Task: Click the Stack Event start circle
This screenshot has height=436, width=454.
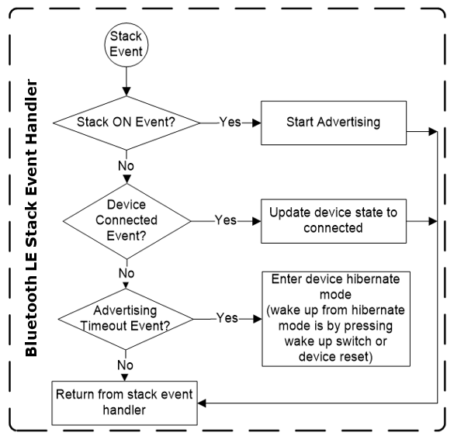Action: (126, 45)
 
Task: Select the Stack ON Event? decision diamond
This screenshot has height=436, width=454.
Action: (126, 123)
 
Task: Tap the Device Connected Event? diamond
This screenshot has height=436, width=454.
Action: (126, 221)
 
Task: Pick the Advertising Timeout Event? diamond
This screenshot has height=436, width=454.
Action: (126, 319)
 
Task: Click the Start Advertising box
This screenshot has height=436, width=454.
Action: (334, 123)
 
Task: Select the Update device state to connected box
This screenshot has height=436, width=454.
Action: (334, 221)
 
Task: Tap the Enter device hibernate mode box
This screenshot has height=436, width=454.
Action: (336, 319)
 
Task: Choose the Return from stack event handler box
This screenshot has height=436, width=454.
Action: (124, 403)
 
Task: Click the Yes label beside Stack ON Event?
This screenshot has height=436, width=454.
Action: (230, 122)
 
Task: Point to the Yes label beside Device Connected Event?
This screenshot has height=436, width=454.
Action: (226, 220)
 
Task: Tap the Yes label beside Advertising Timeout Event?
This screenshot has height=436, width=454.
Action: (227, 318)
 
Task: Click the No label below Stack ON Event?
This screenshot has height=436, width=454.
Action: (126, 166)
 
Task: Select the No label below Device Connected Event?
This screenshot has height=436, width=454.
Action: (126, 273)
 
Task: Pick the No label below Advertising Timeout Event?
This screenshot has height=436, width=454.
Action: (126, 365)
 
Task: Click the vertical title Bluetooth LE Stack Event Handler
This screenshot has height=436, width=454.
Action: (31, 218)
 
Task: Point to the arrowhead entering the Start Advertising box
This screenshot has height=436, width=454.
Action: (257, 123)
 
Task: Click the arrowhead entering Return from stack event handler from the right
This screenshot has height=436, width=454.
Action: (202, 403)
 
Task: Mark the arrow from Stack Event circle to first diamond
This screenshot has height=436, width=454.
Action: (126, 81)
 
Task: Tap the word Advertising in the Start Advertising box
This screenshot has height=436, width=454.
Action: (348, 123)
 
